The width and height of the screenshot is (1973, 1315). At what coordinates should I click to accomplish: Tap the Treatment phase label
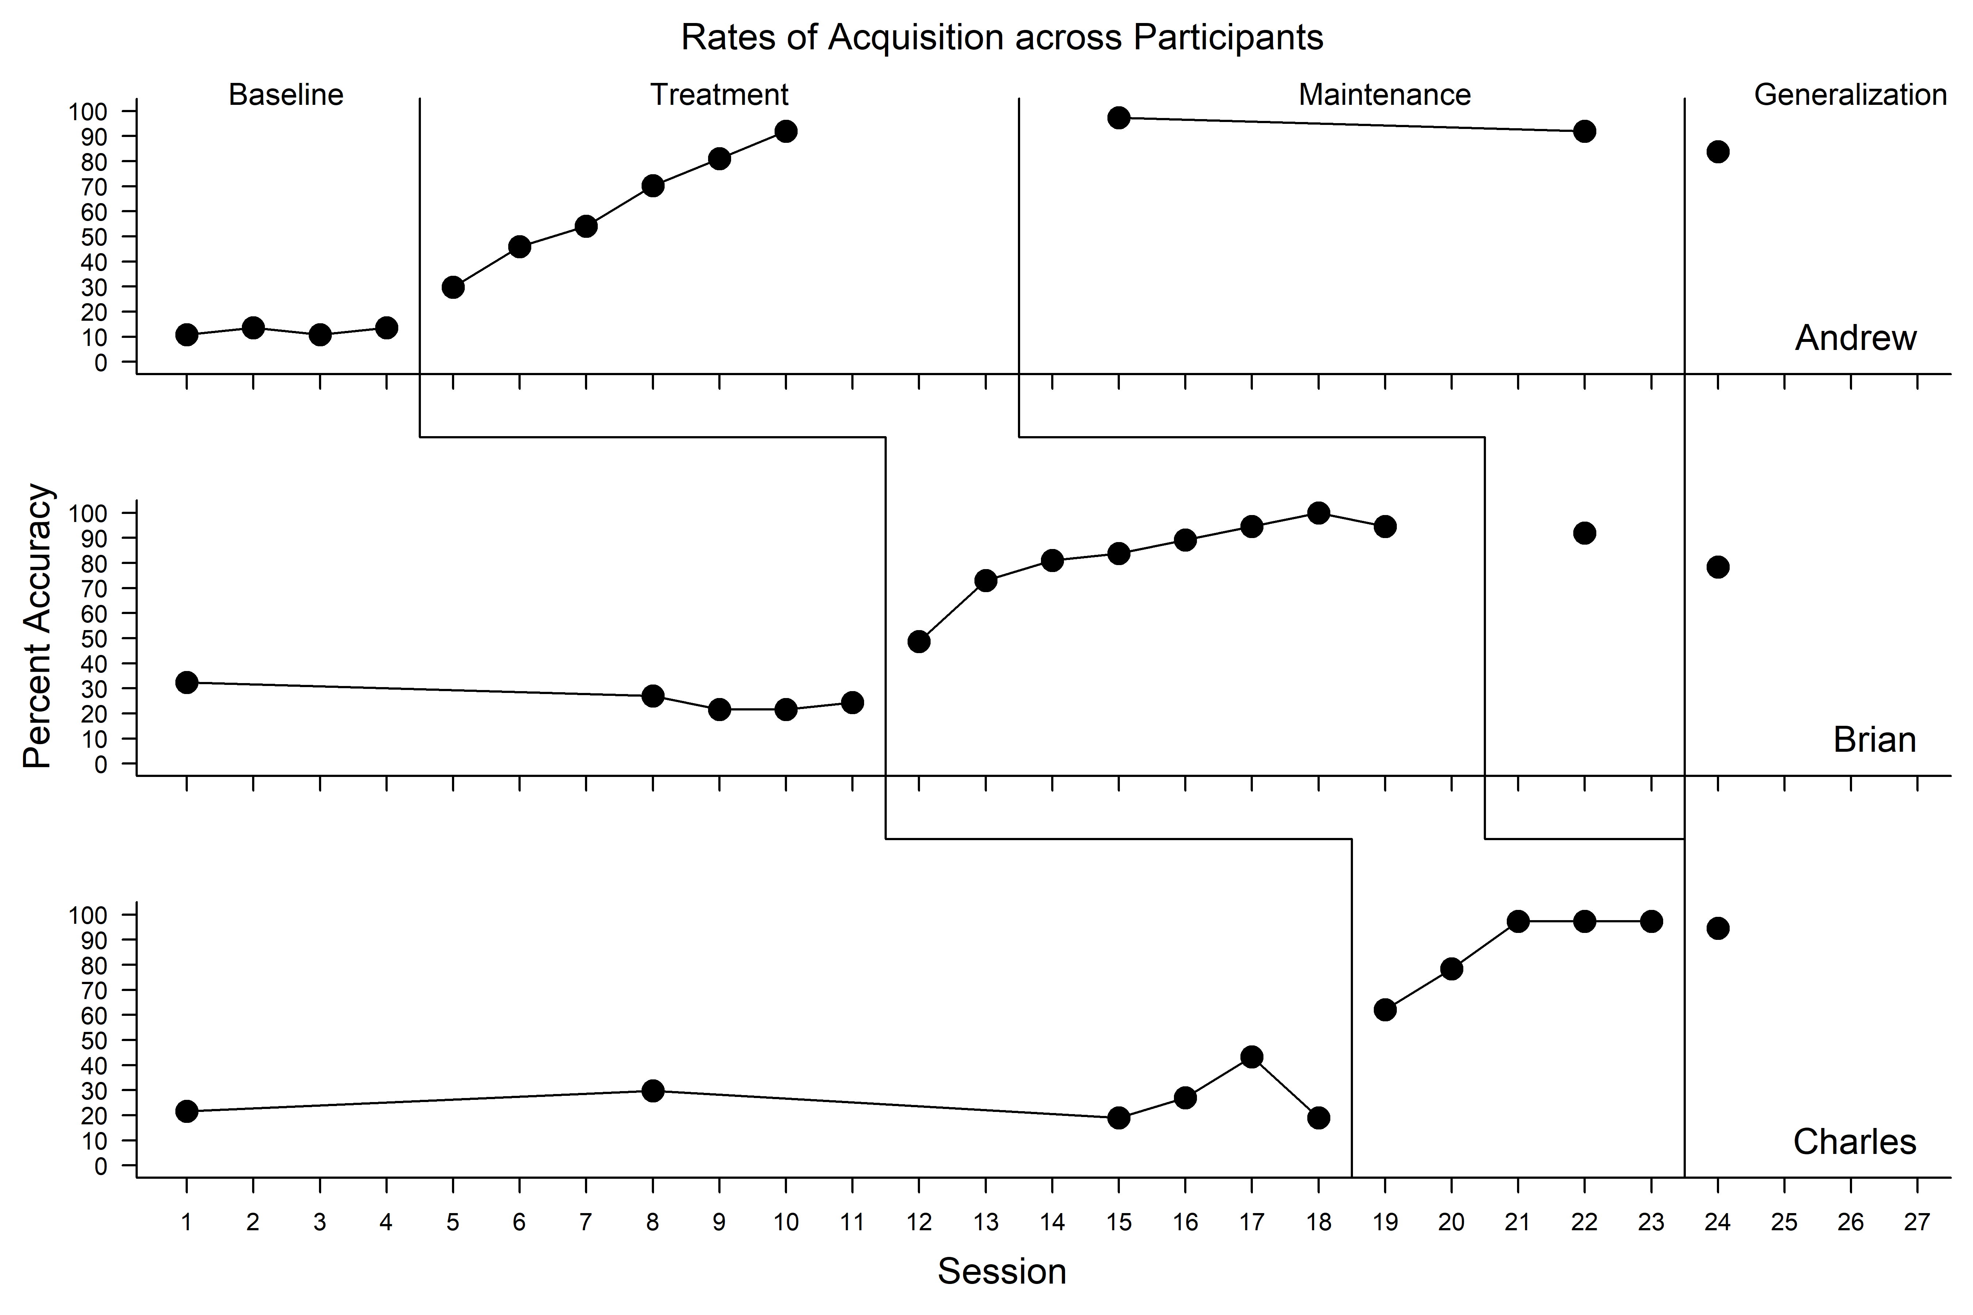(x=719, y=95)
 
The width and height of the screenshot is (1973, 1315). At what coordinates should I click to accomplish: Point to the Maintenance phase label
(x=1384, y=95)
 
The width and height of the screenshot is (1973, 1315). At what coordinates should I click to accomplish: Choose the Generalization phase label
(x=1850, y=95)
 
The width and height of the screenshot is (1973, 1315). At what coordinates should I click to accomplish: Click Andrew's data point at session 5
(x=453, y=287)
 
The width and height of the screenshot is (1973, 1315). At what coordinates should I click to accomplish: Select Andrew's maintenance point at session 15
(x=1118, y=117)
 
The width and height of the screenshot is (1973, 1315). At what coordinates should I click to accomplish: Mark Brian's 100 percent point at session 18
(x=1318, y=512)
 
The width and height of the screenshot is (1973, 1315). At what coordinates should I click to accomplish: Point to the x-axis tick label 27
(x=1917, y=1223)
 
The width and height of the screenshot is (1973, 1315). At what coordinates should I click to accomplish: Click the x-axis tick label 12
(x=919, y=1223)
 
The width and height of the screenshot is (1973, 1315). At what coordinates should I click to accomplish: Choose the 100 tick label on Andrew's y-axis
(x=88, y=111)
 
